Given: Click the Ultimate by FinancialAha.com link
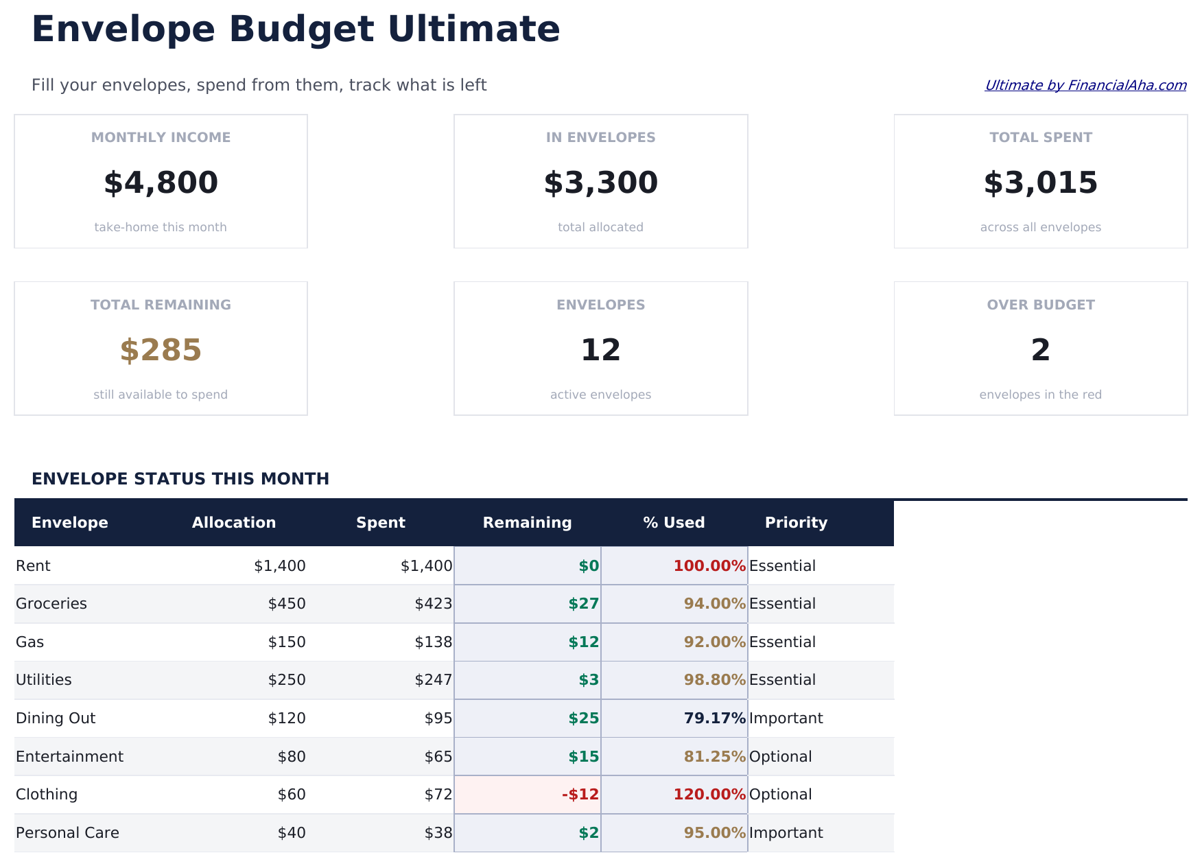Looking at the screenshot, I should (1085, 85).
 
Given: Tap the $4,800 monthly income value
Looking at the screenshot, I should (161, 183).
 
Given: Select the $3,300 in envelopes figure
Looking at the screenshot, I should (600, 183).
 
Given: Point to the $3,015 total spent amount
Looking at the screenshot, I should (1040, 183).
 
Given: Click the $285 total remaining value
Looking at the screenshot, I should (161, 351).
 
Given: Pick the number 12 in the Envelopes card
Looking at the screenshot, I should (600, 351).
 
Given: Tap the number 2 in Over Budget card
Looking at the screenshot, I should (1040, 351).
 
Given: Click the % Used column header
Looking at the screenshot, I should (674, 523).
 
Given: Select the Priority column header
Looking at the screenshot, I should (796, 523).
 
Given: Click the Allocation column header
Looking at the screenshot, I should (234, 523).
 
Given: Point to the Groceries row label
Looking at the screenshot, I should (51, 604).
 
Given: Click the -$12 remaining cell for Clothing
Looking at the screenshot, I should (580, 795).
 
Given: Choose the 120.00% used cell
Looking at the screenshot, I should (709, 795).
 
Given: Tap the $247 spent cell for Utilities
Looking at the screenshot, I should (433, 680).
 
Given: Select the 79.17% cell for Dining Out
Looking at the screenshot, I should (714, 718).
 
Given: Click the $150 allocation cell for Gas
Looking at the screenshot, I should (287, 642).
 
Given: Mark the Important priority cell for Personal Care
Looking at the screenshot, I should (786, 833).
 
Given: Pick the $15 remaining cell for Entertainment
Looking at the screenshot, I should (583, 757).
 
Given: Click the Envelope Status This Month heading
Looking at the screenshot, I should (180, 479).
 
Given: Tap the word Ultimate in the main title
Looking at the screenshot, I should (473, 30).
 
